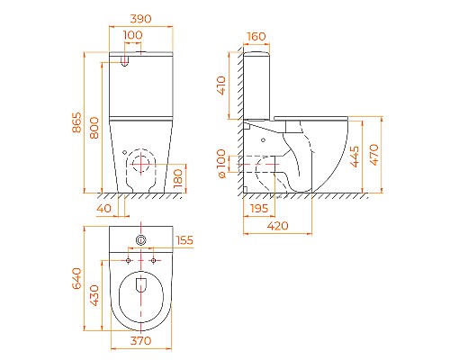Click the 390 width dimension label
point(140,19)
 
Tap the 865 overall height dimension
point(76,122)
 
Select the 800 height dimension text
point(94,128)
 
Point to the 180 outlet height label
point(178,178)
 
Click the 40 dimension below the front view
point(103,208)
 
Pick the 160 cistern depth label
point(256,36)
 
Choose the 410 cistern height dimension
point(221,85)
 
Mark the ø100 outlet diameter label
point(221,164)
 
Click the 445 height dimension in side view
point(355,157)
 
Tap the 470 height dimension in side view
point(374,155)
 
